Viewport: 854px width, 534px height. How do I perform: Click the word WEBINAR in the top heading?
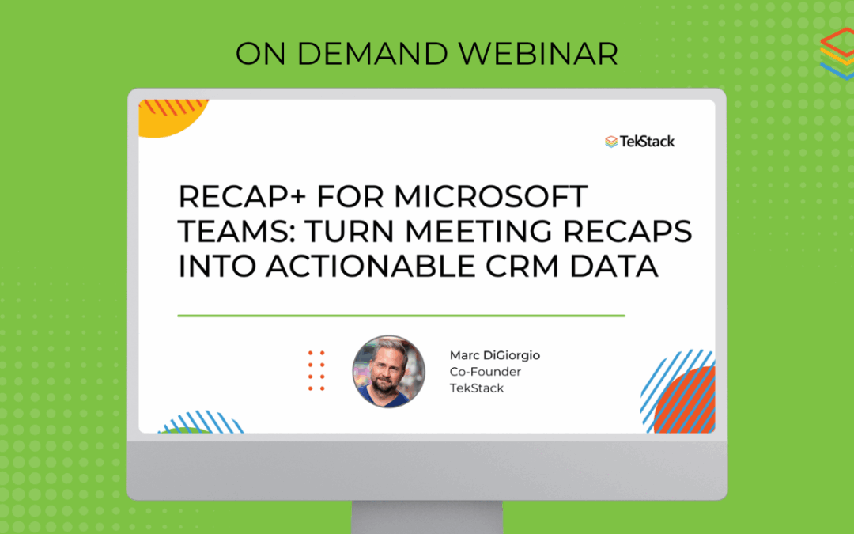pyautogui.click(x=538, y=54)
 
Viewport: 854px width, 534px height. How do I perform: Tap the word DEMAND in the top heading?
pyautogui.click(x=372, y=54)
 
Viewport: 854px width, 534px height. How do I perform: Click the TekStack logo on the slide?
pyautogui.click(x=640, y=142)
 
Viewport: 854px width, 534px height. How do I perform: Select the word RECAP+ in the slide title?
pyautogui.click(x=243, y=197)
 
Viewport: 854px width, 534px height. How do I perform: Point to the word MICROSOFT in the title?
pyautogui.click(x=491, y=197)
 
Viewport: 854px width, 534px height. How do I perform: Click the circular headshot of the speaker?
pyautogui.click(x=388, y=372)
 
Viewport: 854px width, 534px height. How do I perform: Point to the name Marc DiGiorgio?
pyautogui.click(x=494, y=355)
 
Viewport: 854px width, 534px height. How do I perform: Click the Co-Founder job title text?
pyautogui.click(x=485, y=372)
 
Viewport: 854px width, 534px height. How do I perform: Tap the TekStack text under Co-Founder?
pyautogui.click(x=477, y=388)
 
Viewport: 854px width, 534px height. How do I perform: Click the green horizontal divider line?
pyautogui.click(x=402, y=316)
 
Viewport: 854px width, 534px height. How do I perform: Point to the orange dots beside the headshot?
pyautogui.click(x=316, y=371)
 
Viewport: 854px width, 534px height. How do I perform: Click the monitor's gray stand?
pyautogui.click(x=427, y=517)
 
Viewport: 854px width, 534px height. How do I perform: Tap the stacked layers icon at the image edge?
pyautogui.click(x=838, y=54)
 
